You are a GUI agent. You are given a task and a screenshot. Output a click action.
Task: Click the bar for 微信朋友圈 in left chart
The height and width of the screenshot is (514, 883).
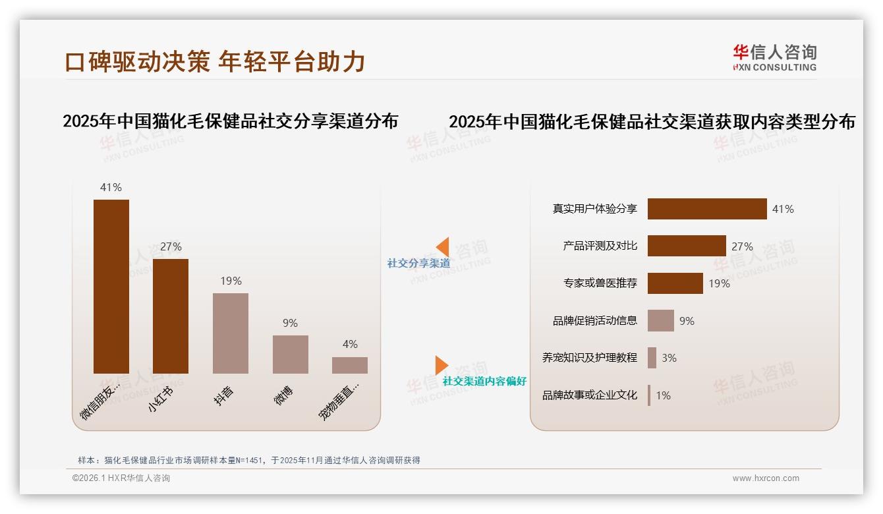click(111, 286)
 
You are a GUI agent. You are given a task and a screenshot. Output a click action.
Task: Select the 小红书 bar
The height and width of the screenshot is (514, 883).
click(171, 316)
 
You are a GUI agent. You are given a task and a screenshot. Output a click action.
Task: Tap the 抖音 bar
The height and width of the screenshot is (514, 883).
click(231, 333)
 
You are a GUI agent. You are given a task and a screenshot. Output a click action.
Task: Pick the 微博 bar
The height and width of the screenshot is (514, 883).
click(291, 354)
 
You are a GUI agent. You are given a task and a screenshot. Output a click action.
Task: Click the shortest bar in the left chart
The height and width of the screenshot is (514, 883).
click(350, 365)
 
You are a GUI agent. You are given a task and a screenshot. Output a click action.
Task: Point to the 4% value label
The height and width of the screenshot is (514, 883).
click(350, 344)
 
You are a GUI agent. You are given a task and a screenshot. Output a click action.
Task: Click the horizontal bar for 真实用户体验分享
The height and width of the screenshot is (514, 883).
click(707, 209)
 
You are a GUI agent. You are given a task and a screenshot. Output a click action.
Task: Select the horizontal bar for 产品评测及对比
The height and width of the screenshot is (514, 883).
click(687, 246)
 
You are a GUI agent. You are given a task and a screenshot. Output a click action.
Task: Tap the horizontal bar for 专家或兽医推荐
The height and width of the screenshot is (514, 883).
click(675, 283)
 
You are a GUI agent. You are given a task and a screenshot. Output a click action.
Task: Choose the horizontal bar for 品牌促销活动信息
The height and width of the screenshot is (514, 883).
click(661, 321)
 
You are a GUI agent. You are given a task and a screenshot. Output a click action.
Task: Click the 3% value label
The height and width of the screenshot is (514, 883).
click(669, 358)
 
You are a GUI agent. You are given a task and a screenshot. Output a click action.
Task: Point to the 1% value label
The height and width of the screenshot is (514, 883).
click(663, 395)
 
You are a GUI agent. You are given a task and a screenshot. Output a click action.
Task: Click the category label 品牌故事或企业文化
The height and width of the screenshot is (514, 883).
click(590, 395)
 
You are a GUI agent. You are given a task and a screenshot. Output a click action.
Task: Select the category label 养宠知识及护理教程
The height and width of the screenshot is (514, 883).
click(590, 358)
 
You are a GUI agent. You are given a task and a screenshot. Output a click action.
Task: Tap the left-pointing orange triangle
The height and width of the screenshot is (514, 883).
click(443, 247)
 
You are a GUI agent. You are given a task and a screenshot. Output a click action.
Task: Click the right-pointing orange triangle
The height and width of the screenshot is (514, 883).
click(441, 365)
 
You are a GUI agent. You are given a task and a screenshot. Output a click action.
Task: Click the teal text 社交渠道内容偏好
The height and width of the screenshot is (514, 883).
click(484, 382)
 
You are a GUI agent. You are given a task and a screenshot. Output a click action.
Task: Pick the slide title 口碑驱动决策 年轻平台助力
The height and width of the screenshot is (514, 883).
click(215, 62)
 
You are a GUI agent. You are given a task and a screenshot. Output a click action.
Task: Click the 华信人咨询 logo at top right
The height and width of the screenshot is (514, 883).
click(774, 57)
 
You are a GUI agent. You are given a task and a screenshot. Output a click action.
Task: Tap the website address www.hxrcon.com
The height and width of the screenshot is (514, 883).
click(766, 478)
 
